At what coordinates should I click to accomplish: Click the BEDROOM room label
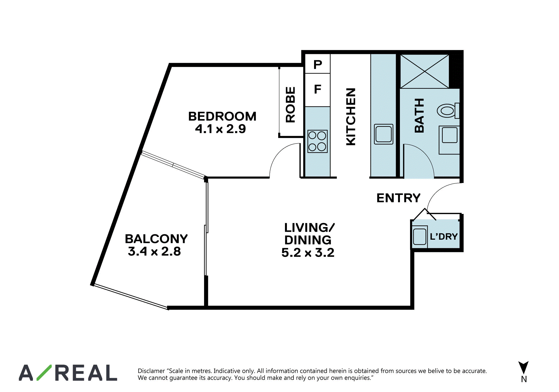[x=222, y=116]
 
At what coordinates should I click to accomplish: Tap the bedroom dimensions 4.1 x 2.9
[x=220, y=129]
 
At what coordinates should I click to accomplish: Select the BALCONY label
[x=156, y=239]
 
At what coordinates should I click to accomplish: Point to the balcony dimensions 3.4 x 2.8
[x=154, y=251]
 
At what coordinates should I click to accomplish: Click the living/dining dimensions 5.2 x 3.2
[x=308, y=253]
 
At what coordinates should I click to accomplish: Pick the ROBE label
[x=290, y=105]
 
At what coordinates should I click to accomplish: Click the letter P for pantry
[x=318, y=65]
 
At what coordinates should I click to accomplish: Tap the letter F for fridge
[x=318, y=89]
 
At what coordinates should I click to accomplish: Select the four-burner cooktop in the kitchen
[x=317, y=141]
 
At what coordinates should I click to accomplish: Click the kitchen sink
[x=383, y=134]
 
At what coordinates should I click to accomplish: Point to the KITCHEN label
[x=351, y=117]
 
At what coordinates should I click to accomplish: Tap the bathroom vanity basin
[x=450, y=135]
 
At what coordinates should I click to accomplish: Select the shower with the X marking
[x=424, y=71]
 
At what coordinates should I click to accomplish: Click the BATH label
[x=419, y=116]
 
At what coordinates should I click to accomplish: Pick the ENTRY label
[x=398, y=198]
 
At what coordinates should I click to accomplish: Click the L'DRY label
[x=444, y=236]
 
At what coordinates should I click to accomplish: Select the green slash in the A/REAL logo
[x=44, y=373]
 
